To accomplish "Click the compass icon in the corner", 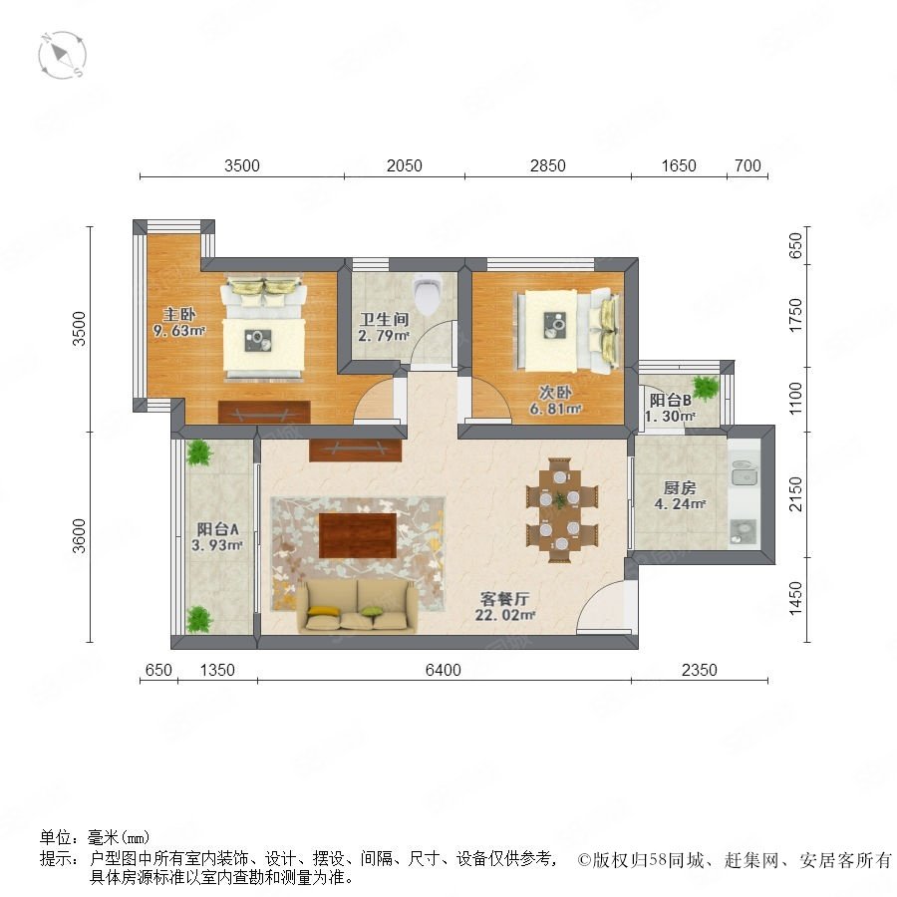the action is tap(62, 56).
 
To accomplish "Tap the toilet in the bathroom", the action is tap(428, 294).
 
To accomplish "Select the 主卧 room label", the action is tap(179, 314).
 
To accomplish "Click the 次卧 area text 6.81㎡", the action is tap(555, 409).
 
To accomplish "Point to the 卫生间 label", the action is tap(384, 319).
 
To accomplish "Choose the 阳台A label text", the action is tap(218, 529).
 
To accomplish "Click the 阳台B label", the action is tap(671, 401).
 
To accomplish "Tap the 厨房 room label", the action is tap(680, 488).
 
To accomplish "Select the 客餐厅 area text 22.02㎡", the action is tap(505, 615).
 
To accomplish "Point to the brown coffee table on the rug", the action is tap(358, 535).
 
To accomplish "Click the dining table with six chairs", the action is tap(562, 509).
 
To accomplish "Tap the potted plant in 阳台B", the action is tap(706, 388).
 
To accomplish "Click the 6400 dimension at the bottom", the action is tap(444, 670).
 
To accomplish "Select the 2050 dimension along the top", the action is tap(405, 165).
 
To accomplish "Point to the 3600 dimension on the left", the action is tap(79, 536).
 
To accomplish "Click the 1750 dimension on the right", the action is tap(795, 315).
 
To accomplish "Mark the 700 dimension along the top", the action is tap(747, 165).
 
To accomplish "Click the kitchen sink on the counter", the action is tap(745, 472).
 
